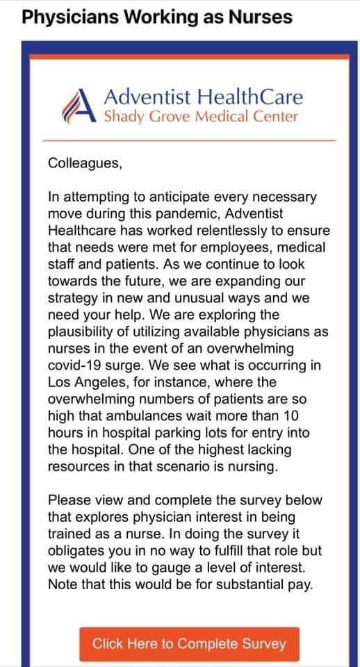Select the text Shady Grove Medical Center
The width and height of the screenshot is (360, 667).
pos(201,116)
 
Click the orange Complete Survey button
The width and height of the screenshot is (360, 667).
pos(189,643)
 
